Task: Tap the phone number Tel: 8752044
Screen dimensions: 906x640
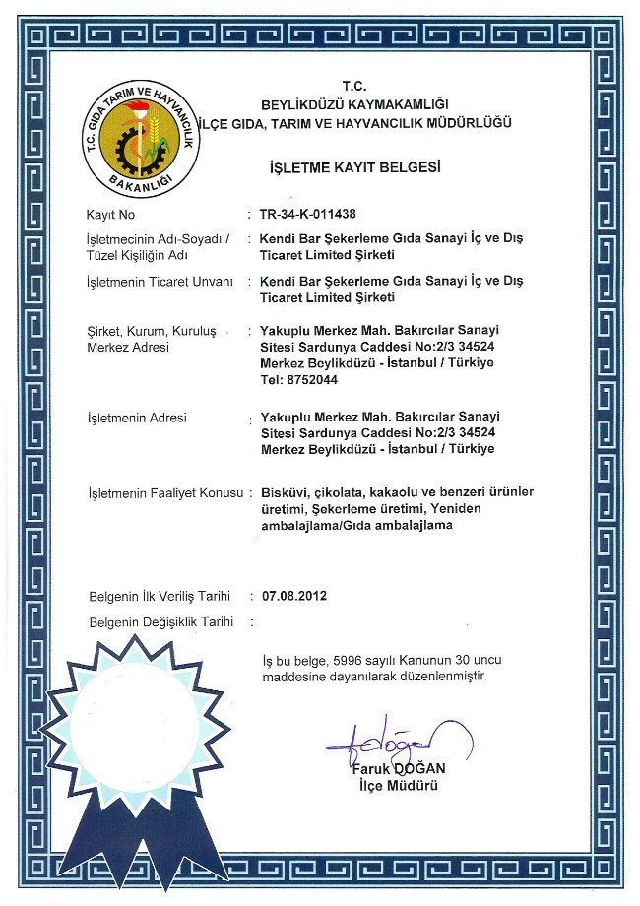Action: tap(293, 380)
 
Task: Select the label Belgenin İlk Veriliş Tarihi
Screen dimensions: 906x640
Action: tap(160, 596)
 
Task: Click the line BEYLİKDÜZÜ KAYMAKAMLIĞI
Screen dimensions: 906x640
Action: tap(354, 103)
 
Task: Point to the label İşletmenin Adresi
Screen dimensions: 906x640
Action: tap(137, 419)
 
